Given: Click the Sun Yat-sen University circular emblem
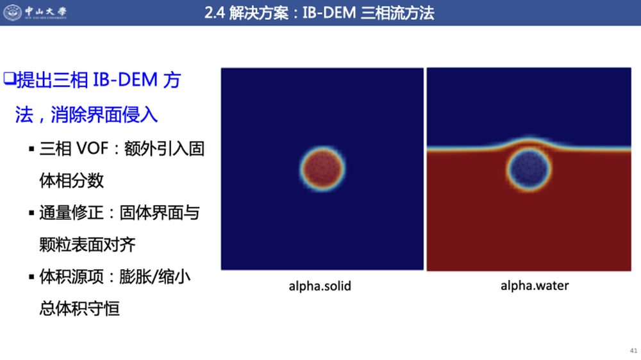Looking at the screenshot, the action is (12, 12).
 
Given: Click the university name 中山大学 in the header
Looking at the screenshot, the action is (46, 11).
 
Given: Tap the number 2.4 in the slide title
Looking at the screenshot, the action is (214, 13).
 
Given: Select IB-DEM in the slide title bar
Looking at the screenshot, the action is (329, 13).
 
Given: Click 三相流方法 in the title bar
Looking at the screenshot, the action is (397, 13).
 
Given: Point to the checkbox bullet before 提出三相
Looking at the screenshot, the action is (10, 78).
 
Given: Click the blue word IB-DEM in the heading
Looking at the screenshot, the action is (125, 79).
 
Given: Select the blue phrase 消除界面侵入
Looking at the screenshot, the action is (104, 114).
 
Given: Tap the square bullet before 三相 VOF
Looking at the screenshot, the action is (31, 149).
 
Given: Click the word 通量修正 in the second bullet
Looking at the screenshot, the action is (71, 213).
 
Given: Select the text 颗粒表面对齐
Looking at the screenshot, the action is (87, 245).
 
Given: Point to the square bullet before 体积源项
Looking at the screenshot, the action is (31, 277).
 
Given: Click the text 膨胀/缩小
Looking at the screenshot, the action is (155, 277).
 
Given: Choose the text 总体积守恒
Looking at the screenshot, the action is (79, 309).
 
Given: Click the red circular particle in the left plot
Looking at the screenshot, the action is (322, 168).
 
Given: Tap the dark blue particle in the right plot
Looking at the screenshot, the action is (529, 168).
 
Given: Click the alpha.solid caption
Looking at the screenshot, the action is (320, 286).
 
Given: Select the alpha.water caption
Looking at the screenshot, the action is (535, 285).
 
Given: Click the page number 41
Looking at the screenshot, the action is (633, 350).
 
